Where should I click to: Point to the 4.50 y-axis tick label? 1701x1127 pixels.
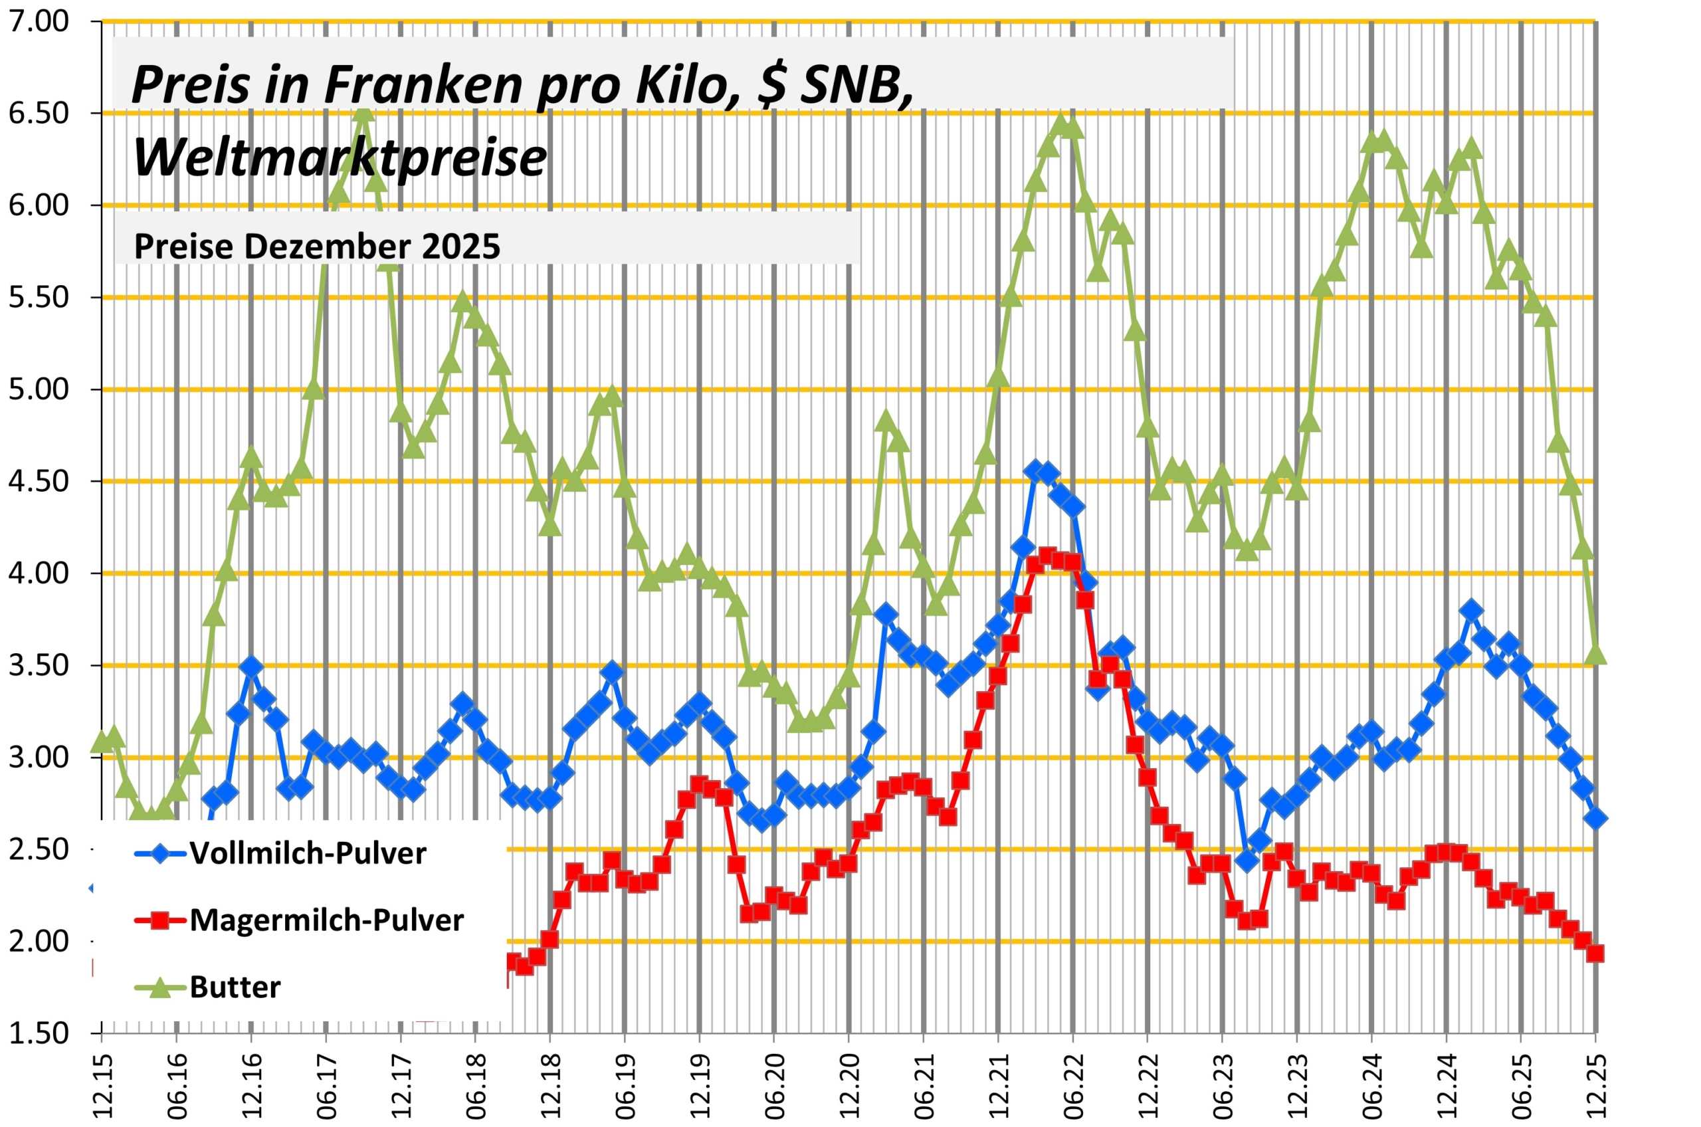[39, 482]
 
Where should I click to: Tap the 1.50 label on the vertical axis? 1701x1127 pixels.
[39, 1033]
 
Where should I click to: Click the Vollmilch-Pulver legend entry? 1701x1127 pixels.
[308, 853]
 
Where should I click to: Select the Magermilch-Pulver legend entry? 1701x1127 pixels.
[326, 920]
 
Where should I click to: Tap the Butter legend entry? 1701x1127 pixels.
[235, 987]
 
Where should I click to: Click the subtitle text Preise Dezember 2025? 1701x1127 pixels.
[317, 247]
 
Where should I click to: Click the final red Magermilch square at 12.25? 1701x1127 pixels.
[1595, 953]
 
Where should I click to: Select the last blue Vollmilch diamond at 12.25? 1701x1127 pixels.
[1595, 819]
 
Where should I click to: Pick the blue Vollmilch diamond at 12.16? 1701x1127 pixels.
[250, 666]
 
